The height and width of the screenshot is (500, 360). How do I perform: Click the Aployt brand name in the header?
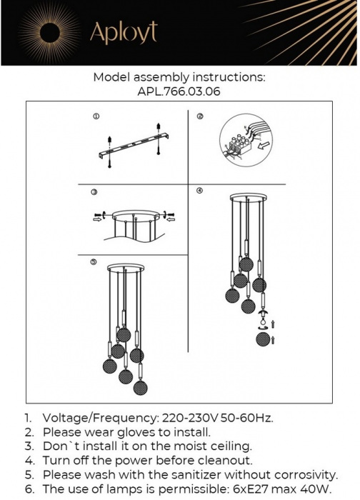[x=123, y=32]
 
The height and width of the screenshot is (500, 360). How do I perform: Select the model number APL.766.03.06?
[x=179, y=91]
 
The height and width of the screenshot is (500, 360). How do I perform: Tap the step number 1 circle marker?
[x=96, y=116]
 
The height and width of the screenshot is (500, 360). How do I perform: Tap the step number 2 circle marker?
[x=200, y=116]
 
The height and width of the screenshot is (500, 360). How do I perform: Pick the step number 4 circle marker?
[x=200, y=191]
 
